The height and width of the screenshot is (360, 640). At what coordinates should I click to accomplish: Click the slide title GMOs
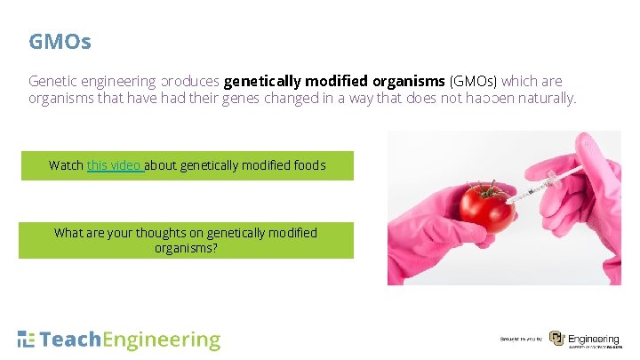[x=60, y=41]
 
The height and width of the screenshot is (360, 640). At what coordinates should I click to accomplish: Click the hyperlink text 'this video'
[x=114, y=165]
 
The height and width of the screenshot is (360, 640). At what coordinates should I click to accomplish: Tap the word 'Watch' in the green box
[x=67, y=165]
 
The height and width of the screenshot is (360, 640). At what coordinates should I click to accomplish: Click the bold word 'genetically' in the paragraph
[x=258, y=81]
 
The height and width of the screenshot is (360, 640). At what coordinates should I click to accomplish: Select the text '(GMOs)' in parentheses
[x=475, y=81]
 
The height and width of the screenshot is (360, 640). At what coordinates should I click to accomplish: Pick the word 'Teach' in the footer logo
[x=71, y=340]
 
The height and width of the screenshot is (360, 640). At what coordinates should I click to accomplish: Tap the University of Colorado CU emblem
[x=556, y=339]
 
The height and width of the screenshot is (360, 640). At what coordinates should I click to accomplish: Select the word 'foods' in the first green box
[x=308, y=165]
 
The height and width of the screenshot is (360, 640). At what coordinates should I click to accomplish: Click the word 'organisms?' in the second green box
[x=186, y=247]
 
